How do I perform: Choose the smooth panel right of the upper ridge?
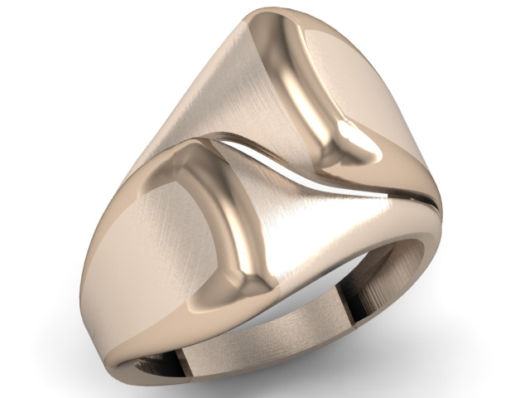364,83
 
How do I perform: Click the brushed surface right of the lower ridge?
315,224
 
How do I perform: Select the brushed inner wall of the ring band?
248,348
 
